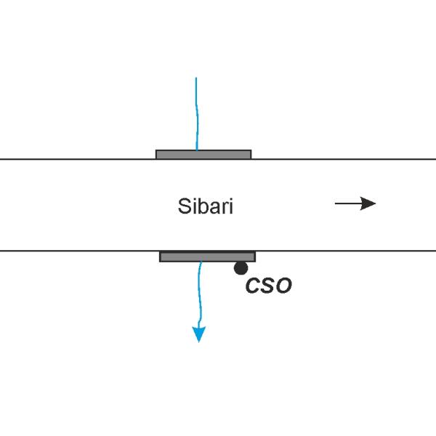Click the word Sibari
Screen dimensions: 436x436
[205, 206]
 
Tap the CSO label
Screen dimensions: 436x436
[269, 286]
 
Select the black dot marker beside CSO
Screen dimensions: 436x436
[241, 268]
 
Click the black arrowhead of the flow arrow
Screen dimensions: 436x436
[368, 203]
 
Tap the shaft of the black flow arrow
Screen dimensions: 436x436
[348, 203]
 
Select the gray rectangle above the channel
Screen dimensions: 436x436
[203, 155]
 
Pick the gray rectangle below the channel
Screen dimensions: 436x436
[207, 257]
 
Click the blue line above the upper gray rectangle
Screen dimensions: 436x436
[197, 114]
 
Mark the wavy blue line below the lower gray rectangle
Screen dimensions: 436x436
[199, 295]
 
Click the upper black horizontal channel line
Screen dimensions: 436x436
[218, 159]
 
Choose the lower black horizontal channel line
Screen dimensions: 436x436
[218, 251]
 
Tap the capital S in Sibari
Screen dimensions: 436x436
[184, 206]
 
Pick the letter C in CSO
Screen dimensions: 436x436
[252, 286]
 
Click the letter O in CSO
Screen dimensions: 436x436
[283, 286]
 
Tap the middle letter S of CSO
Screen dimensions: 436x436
[267, 286]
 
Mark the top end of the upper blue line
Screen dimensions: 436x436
[196, 78]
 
